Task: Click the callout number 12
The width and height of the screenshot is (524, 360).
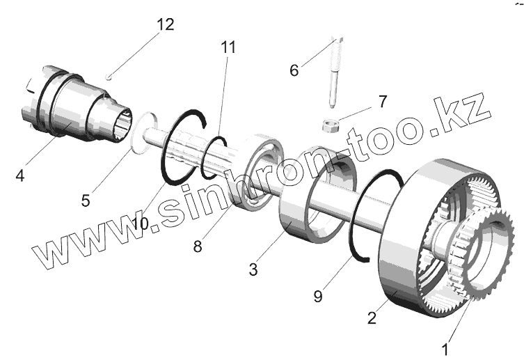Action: coord(165,25)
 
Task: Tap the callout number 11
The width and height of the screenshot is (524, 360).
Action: coord(228,47)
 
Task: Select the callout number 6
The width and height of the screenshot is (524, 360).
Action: coord(294,70)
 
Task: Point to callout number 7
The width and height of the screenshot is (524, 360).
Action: coord(382,102)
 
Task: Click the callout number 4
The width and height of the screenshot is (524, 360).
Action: coord(20,176)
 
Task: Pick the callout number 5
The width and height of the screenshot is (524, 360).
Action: coord(86,201)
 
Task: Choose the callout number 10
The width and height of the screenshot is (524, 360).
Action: coord(139,224)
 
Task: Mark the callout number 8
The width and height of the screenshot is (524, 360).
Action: coord(198,245)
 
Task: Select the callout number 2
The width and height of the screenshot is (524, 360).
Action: coord(372,318)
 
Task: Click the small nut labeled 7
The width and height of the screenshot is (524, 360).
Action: coord(330,126)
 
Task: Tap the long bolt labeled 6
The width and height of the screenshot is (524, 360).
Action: coord(335,70)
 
